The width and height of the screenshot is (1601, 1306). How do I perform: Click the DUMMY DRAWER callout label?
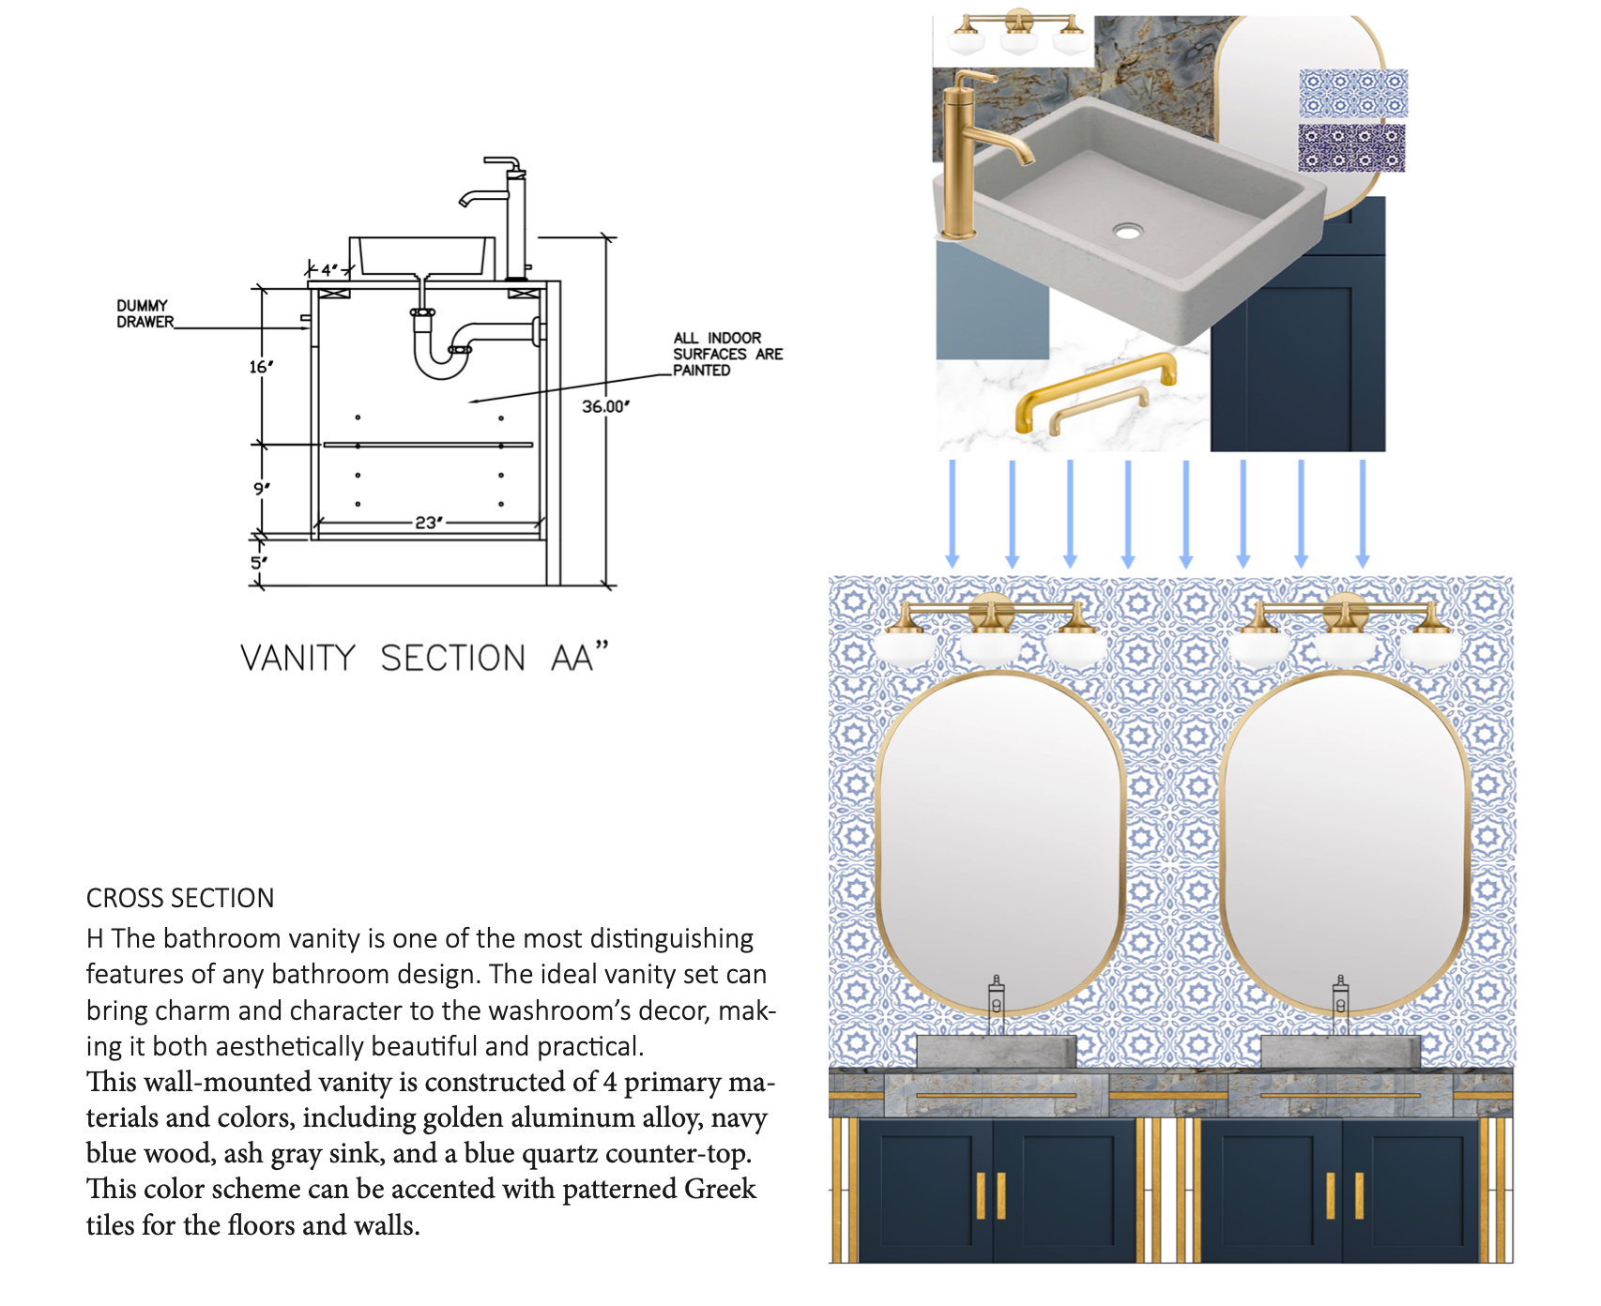click(x=145, y=313)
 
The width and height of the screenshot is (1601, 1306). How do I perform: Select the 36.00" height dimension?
click(x=605, y=406)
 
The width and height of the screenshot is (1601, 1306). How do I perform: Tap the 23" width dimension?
click(x=428, y=522)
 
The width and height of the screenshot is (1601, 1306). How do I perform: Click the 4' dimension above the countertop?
click(x=328, y=270)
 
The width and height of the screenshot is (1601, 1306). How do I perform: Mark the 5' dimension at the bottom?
click(x=259, y=563)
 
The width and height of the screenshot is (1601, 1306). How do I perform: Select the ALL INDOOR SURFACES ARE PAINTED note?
click(x=726, y=354)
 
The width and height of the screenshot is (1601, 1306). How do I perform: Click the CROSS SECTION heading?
click(x=180, y=898)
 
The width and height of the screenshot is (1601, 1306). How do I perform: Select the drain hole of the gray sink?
click(x=1127, y=230)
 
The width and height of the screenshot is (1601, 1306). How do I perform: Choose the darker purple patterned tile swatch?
click(x=1351, y=148)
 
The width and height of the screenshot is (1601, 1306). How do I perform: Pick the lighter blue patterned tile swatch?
click(x=1352, y=92)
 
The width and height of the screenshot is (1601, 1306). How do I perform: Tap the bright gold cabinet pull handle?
click(x=1093, y=389)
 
